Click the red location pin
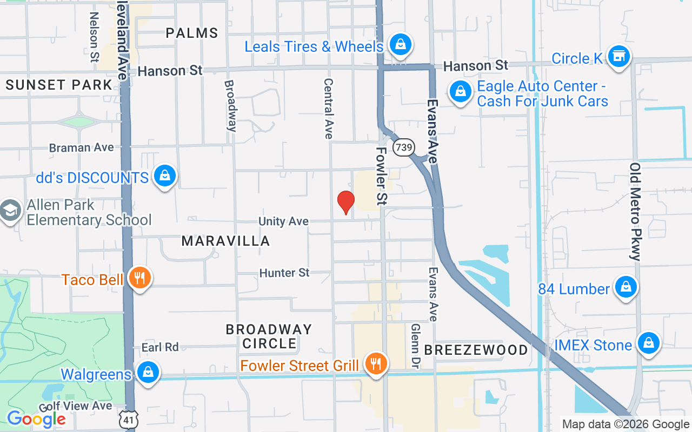pyautogui.click(x=345, y=202)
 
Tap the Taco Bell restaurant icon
pyautogui.click(x=139, y=279)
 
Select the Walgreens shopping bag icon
pyautogui.click(x=147, y=373)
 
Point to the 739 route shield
pyautogui.click(x=403, y=147)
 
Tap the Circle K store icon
pyautogui.click(x=618, y=56)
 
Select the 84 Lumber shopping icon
pyautogui.click(x=626, y=287)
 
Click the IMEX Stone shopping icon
pyautogui.click(x=648, y=343)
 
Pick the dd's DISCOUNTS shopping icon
pyautogui.click(x=164, y=176)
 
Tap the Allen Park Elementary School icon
pyautogui.click(x=10, y=212)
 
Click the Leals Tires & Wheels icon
pyautogui.click(x=400, y=45)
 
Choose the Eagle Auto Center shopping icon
pyautogui.click(x=460, y=92)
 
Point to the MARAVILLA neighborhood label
pyautogui.click(x=225, y=241)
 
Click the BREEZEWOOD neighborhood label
pyautogui.click(x=476, y=350)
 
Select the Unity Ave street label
pyautogui.click(x=283, y=221)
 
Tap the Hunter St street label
pyautogui.click(x=284, y=273)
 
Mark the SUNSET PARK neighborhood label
pyautogui.click(x=59, y=85)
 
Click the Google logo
pyautogui.click(x=36, y=418)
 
